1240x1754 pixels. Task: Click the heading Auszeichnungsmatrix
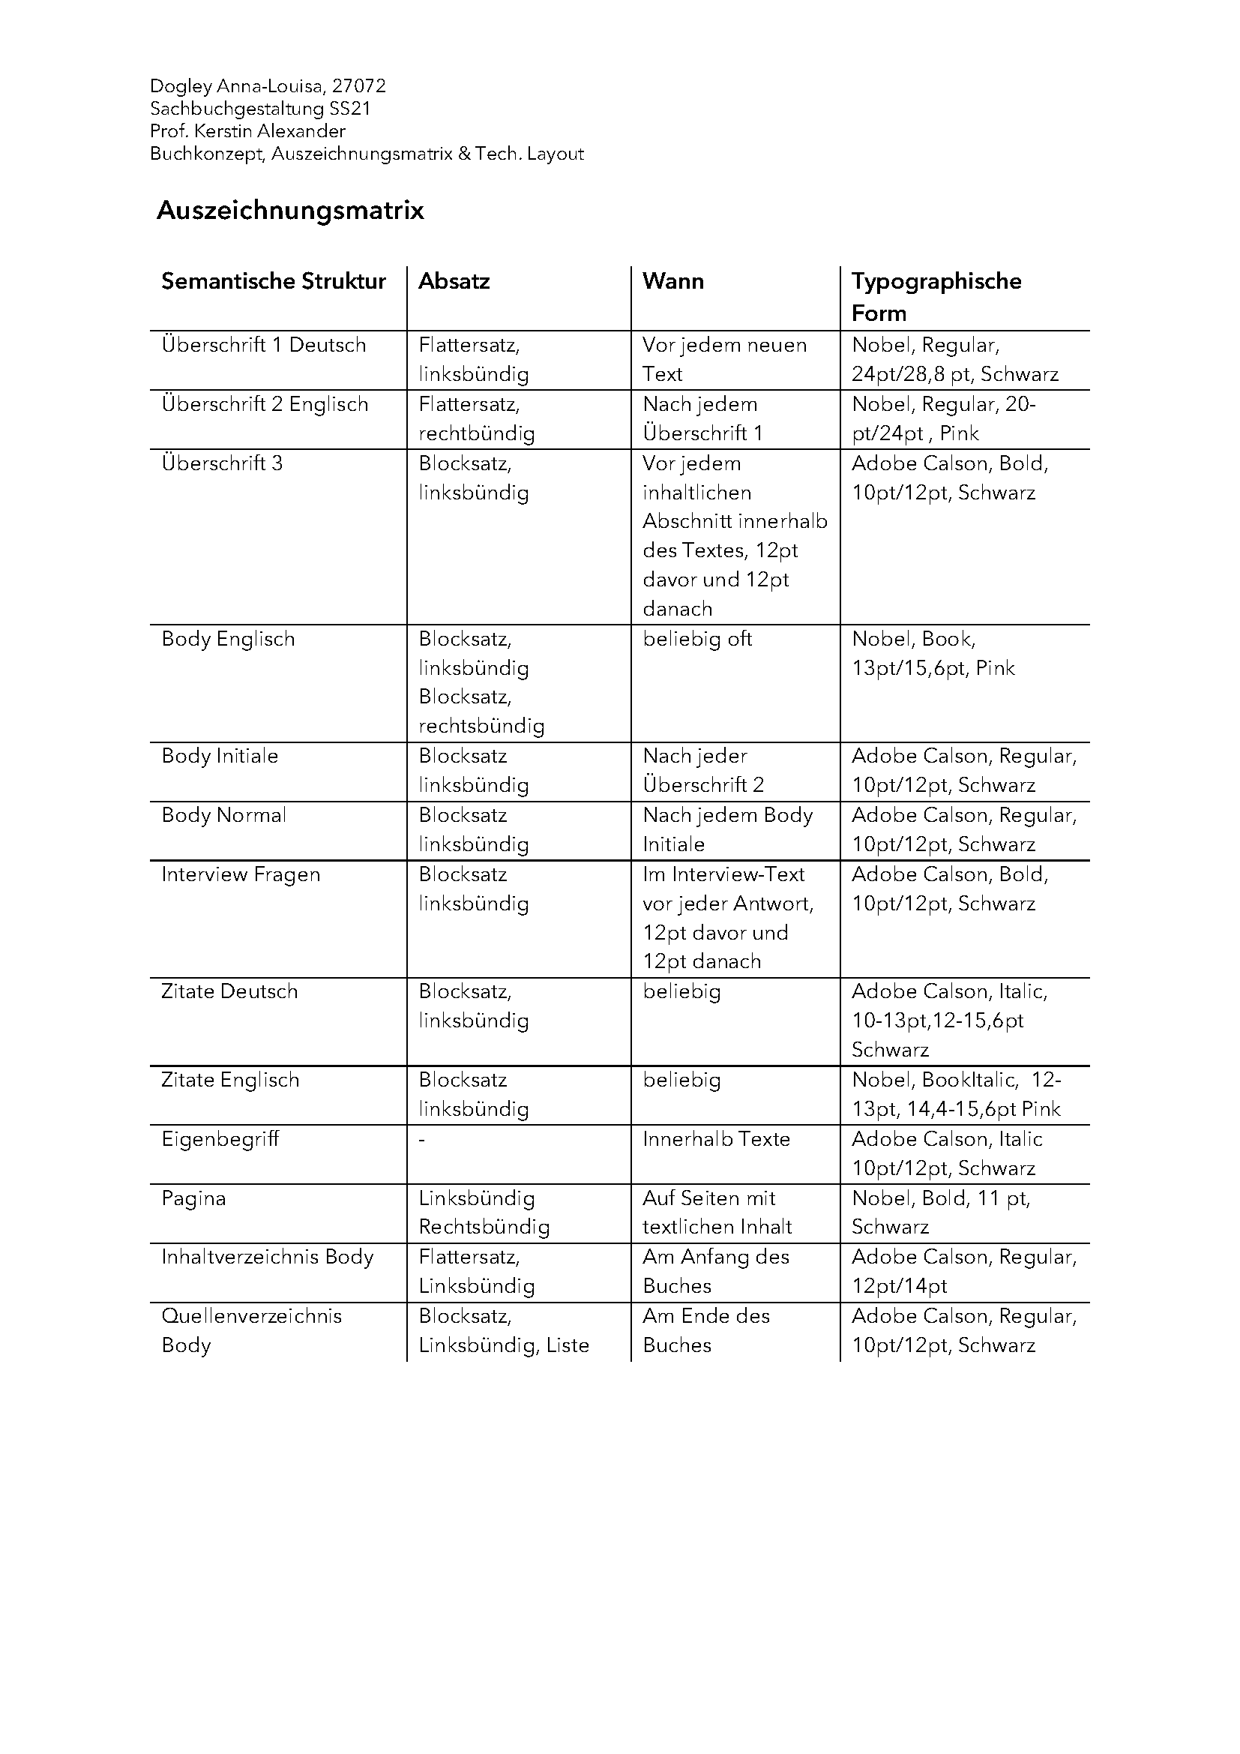click(290, 210)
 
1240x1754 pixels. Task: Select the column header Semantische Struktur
click(274, 281)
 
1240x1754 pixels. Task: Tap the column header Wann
click(672, 281)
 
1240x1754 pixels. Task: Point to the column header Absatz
click(454, 281)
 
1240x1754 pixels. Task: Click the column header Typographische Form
click(936, 296)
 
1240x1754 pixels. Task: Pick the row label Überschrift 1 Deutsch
click(263, 344)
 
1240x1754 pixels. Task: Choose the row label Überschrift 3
click(221, 463)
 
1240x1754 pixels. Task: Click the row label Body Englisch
click(228, 639)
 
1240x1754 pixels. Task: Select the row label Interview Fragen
click(241, 874)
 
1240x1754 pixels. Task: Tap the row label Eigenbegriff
click(220, 1139)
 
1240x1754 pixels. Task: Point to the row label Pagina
click(193, 1198)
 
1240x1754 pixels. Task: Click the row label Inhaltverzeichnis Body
click(267, 1257)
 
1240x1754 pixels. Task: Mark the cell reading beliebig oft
click(697, 639)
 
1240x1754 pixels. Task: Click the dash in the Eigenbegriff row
click(421, 1140)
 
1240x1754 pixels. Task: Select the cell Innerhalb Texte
click(716, 1139)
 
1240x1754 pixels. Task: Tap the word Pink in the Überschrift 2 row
click(959, 433)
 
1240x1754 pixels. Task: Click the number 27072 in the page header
click(359, 85)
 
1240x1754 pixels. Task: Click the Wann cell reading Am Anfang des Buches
click(715, 1271)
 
